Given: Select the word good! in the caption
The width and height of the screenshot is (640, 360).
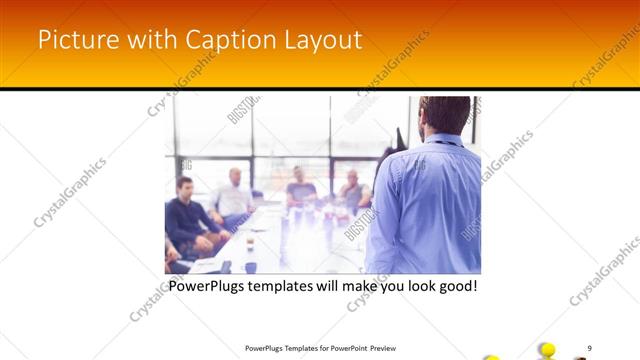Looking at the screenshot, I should (454, 286).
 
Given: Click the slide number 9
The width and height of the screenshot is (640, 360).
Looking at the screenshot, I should (590, 347).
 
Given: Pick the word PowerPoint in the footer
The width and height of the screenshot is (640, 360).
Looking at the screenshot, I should (345, 348).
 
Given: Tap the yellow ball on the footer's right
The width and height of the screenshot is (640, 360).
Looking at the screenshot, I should (547, 349).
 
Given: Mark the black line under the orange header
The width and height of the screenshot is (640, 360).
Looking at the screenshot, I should (320, 89).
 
